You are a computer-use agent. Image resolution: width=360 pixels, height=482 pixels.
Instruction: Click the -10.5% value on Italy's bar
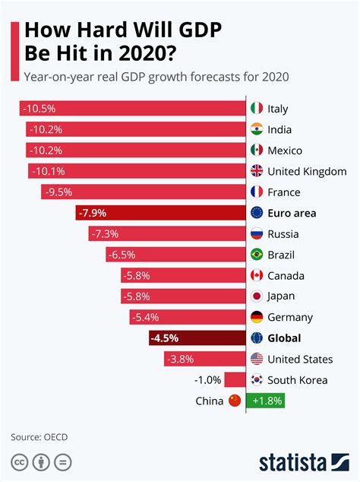pyautogui.click(x=39, y=109)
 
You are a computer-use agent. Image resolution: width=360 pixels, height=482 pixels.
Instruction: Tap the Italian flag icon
pyautogui.click(x=257, y=109)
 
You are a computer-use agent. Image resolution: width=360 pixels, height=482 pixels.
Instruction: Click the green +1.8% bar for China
pyautogui.click(x=264, y=401)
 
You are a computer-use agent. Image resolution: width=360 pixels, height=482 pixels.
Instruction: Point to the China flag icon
pyautogui.click(x=234, y=401)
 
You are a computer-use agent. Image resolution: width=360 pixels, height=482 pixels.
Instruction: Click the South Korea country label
pyautogui.click(x=298, y=380)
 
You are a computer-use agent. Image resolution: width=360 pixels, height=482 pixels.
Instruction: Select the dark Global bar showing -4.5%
pyautogui.click(x=197, y=338)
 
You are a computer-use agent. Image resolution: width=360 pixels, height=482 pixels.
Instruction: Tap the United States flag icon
pyautogui.click(x=257, y=359)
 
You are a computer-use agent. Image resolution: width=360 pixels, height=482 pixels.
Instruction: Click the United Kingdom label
pyautogui.click(x=307, y=171)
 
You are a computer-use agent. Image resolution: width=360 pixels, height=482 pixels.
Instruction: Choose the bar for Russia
pyautogui.click(x=167, y=234)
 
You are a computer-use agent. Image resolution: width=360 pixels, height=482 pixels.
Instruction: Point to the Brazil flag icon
pyautogui.click(x=257, y=255)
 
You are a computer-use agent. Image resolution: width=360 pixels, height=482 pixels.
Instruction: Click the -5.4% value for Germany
pyautogui.click(x=145, y=317)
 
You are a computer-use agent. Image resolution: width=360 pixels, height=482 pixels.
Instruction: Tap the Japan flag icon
pyautogui.click(x=257, y=296)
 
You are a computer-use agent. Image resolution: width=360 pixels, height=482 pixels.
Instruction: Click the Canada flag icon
pyautogui.click(x=257, y=275)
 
